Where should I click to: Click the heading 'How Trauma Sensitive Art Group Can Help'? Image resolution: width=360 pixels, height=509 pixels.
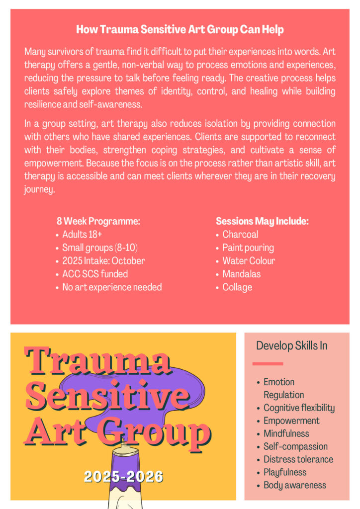coord(180,30)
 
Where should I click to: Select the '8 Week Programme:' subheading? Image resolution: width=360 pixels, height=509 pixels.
coord(98,222)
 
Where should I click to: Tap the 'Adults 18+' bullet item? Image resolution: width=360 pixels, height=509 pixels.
coord(82,235)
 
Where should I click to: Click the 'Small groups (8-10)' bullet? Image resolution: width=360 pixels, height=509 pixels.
coord(100,248)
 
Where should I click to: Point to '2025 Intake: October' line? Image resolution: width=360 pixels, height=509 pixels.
coord(103,261)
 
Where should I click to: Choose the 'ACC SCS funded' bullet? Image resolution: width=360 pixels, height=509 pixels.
coord(95,274)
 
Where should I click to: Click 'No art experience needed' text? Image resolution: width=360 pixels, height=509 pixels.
coord(112,287)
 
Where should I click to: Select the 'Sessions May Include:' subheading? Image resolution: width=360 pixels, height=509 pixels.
coord(262,222)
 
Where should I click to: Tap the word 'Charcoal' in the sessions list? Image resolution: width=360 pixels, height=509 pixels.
coord(240,235)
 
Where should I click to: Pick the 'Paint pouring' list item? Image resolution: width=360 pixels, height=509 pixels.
coord(248,248)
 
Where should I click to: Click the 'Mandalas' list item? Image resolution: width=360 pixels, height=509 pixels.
coord(241,274)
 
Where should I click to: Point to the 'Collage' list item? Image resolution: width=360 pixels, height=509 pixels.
coord(237,287)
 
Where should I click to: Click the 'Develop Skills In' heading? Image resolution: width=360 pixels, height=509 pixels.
coord(291,346)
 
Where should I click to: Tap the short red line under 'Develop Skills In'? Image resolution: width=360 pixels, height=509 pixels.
coord(268,364)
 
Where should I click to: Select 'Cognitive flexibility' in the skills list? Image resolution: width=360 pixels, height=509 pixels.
coord(299,408)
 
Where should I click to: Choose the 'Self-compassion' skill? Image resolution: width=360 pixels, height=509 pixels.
coord(295,447)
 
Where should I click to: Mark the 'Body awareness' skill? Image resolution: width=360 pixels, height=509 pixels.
coord(295,486)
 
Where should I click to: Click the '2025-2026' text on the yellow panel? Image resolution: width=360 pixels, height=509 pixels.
coord(123,477)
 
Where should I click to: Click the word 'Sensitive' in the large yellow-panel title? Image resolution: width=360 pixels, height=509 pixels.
coord(107,396)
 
